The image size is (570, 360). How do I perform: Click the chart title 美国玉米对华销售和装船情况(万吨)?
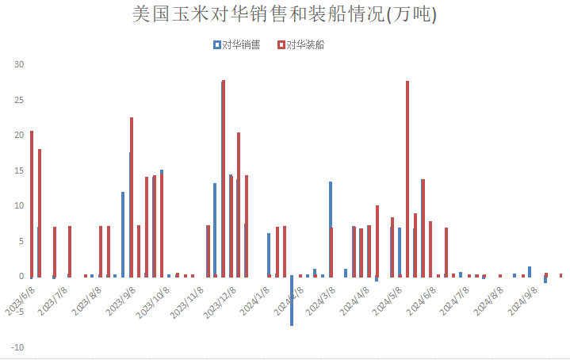(x=285, y=14)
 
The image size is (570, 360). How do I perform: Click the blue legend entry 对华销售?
(x=237, y=44)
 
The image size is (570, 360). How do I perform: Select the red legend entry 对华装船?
(x=300, y=44)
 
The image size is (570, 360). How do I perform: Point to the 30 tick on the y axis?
(x=19, y=64)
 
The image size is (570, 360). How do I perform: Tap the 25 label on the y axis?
(x=19, y=100)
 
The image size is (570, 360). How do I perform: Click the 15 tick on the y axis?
(x=19, y=170)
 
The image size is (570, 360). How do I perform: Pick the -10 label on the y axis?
(x=17, y=347)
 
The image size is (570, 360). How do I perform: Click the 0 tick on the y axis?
(x=21, y=277)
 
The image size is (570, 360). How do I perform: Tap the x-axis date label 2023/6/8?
(x=21, y=301)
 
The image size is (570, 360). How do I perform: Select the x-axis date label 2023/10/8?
(x=153, y=302)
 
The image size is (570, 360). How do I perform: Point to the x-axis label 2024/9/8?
(x=522, y=301)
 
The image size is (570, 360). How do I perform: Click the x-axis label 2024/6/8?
(x=421, y=301)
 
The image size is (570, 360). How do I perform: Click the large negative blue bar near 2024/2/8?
(x=292, y=301)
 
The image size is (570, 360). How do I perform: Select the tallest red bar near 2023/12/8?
(x=224, y=178)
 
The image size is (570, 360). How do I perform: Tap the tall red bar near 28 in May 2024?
(x=407, y=179)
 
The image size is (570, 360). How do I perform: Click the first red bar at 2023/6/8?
(x=32, y=204)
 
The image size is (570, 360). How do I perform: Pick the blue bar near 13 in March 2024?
(x=331, y=205)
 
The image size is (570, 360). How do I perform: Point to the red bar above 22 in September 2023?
(x=132, y=197)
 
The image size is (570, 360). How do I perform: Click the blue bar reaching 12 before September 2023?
(x=123, y=235)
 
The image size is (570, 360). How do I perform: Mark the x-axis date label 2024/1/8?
(x=254, y=301)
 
